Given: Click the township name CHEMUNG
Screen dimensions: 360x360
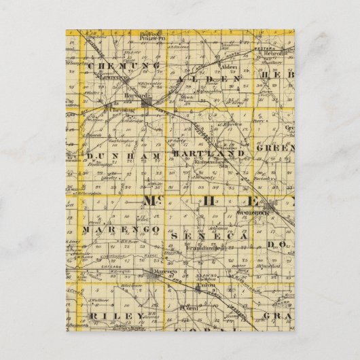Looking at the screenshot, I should pyautogui.click(x=123, y=65).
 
